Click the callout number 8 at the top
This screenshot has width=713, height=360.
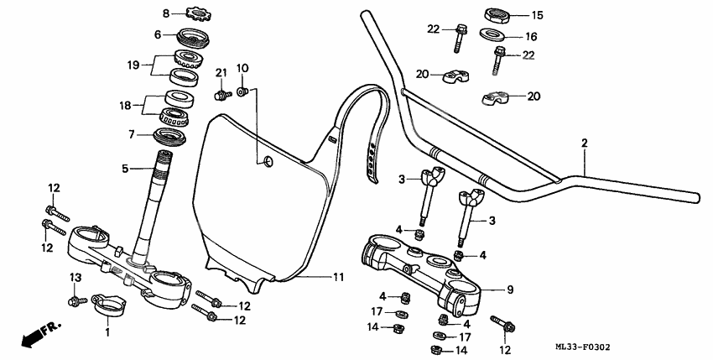(x=165, y=13)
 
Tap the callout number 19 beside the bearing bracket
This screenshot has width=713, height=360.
(x=132, y=64)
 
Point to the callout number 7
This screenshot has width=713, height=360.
(x=132, y=134)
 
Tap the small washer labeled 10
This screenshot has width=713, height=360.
(x=242, y=91)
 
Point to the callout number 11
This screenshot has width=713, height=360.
(x=338, y=276)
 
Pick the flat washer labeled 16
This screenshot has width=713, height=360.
(x=492, y=36)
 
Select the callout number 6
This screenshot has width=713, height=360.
(x=157, y=34)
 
